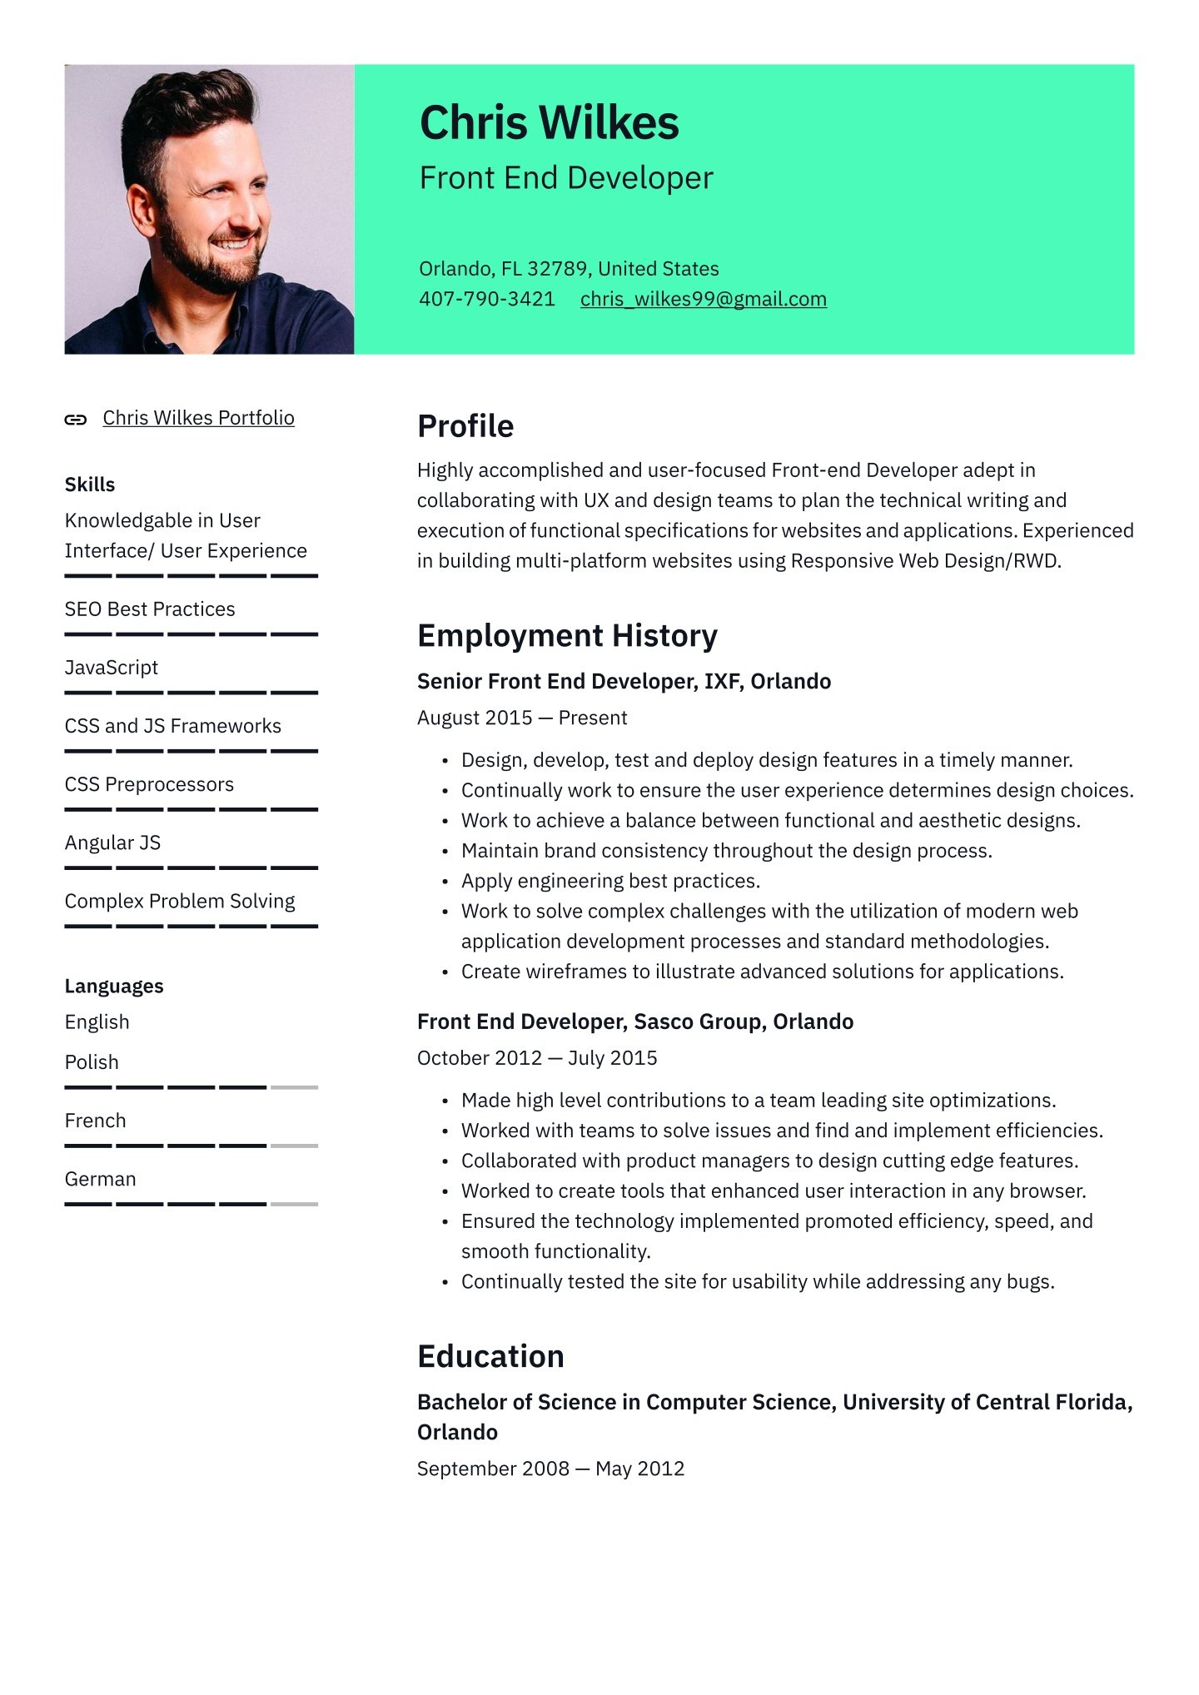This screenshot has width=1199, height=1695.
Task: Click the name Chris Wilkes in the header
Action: (549, 123)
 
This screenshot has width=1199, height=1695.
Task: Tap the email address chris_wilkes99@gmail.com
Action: (703, 299)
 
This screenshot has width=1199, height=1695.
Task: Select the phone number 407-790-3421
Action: (486, 299)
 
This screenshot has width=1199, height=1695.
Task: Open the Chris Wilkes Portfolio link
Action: (198, 418)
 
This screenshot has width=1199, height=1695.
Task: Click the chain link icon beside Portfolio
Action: (76, 420)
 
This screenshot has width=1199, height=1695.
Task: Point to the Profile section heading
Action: (465, 426)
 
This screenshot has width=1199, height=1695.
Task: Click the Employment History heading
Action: (567, 636)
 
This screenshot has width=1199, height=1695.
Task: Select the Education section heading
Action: (490, 1356)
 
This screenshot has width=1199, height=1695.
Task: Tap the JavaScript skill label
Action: (112, 668)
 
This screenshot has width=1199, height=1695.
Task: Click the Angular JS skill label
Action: (112, 843)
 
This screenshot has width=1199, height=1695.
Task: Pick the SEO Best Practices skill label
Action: (150, 609)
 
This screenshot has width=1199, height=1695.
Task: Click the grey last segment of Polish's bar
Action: (295, 1087)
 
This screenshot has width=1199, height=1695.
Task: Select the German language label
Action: (100, 1179)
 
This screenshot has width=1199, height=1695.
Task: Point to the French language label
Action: (95, 1121)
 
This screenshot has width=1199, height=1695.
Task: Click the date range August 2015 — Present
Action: (522, 718)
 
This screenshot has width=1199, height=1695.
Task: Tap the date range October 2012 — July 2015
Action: (537, 1058)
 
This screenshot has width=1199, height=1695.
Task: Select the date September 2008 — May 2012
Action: (550, 1469)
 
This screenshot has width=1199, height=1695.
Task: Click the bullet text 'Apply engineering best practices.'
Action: (610, 881)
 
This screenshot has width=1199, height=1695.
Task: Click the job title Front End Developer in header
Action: (566, 178)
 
